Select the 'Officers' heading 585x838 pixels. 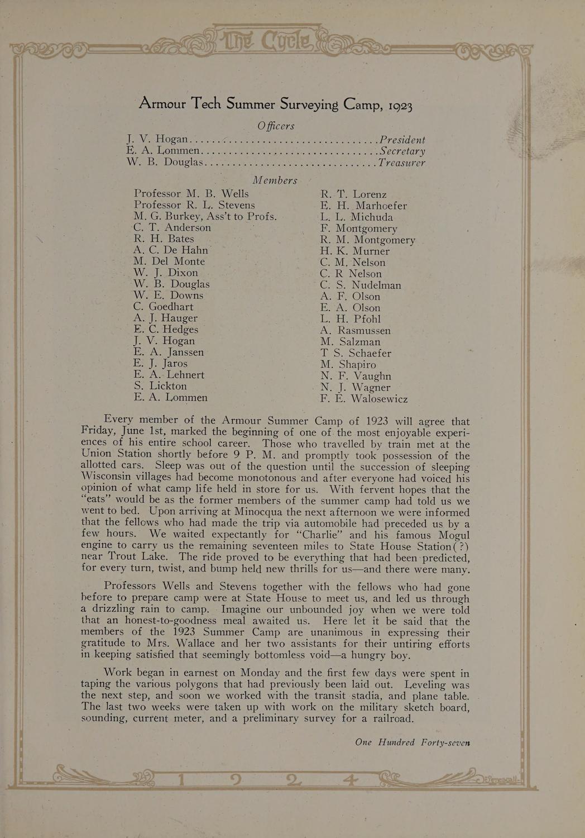coord(276,126)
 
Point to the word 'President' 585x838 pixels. coord(402,140)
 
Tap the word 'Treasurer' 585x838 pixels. coord(402,163)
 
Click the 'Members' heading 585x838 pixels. coord(275,180)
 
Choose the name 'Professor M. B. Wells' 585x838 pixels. coord(191,193)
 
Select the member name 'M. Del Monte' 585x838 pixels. coord(169,261)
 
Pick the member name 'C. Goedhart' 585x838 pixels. coord(164,307)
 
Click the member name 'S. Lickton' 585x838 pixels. coord(160,386)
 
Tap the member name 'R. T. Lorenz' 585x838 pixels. coord(353,194)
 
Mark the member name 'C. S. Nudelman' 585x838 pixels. coord(361,285)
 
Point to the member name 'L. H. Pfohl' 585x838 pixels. coord(351,319)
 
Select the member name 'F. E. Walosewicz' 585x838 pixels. coord(364,399)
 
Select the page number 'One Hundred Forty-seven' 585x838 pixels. coord(412,742)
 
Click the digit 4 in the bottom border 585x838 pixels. coord(351,778)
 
